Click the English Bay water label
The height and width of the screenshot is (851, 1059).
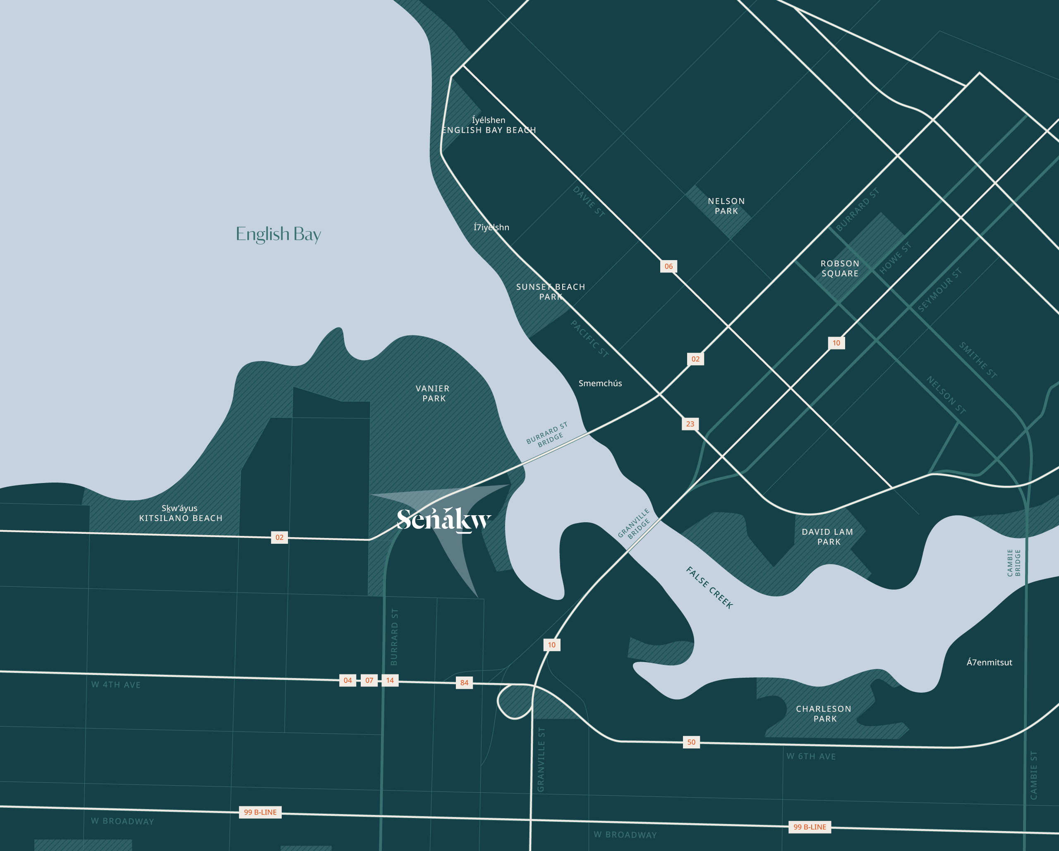278,234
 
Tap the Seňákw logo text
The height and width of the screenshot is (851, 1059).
443,519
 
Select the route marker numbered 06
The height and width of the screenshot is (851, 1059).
668,266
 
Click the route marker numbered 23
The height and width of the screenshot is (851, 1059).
690,424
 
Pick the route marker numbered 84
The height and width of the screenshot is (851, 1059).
464,683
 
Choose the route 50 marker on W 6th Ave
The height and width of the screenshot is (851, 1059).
691,742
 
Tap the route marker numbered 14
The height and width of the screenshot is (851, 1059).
390,680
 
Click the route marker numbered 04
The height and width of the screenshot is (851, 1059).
348,680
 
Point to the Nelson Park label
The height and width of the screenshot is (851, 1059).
726,206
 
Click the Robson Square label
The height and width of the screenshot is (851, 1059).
840,268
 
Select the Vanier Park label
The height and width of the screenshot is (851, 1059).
433,393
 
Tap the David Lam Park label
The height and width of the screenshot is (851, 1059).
828,537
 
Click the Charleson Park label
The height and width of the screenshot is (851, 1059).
824,713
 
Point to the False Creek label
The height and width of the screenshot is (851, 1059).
709,588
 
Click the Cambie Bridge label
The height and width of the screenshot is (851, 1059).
1013,563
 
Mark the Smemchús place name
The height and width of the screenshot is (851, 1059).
600,383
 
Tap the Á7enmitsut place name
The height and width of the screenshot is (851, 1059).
989,662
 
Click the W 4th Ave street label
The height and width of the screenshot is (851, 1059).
116,684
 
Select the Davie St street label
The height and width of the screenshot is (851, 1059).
588,201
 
